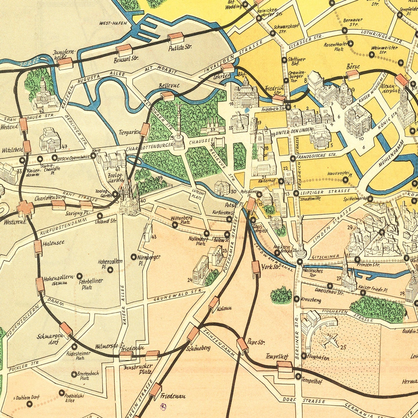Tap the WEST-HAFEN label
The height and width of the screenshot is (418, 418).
point(113,23)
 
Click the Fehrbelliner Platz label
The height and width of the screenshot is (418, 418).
point(90,284)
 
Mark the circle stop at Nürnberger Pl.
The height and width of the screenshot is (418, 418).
point(134,257)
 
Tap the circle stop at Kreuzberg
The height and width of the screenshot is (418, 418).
point(297,299)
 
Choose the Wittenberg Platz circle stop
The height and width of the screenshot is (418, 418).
point(175,224)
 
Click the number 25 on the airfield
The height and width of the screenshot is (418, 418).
point(343,347)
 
